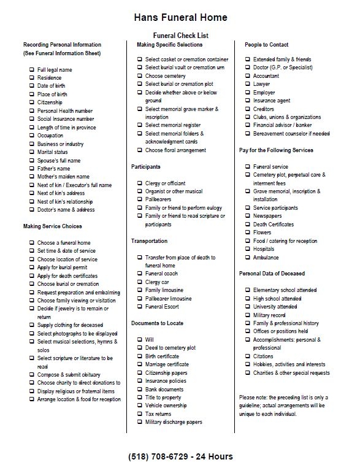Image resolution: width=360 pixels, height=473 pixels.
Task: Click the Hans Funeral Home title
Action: click(x=180, y=18)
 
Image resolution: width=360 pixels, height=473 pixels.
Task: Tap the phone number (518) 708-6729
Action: click(x=180, y=456)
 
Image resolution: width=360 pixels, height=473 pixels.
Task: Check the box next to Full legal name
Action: click(x=31, y=70)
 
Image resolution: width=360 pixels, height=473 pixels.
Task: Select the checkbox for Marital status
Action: click(x=31, y=152)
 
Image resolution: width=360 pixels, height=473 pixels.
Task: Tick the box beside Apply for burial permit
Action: click(x=31, y=268)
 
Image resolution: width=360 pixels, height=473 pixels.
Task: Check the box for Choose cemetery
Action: click(x=140, y=76)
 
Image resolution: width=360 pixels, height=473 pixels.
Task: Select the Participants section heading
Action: click(x=146, y=167)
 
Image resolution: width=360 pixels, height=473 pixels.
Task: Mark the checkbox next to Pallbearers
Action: click(x=140, y=199)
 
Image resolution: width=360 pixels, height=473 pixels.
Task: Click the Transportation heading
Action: click(x=149, y=241)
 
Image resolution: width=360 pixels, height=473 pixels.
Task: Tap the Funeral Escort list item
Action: click(x=163, y=307)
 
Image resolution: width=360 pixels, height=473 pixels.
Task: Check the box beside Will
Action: click(x=140, y=340)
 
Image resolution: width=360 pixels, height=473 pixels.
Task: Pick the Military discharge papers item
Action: click(x=174, y=423)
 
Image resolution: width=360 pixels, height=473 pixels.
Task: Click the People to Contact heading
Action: click(x=266, y=45)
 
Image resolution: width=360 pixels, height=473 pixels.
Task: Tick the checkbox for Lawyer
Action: click(x=248, y=84)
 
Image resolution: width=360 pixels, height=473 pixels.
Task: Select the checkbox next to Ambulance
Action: click(x=248, y=258)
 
